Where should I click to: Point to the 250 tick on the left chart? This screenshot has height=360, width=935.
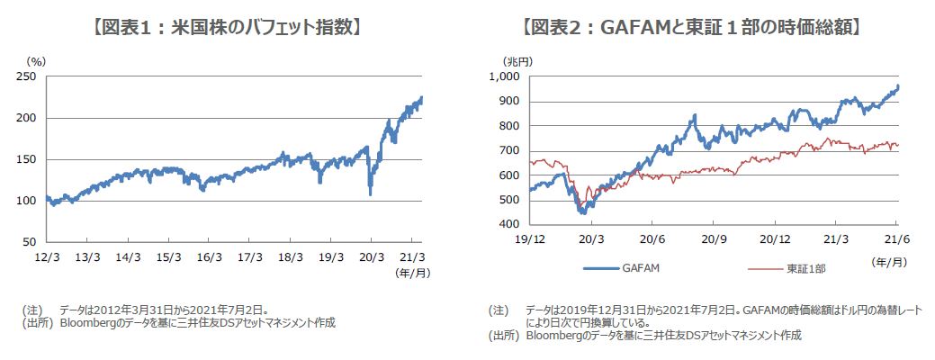coord(29,77)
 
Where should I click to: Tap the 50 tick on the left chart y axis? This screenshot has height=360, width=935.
coord(31,242)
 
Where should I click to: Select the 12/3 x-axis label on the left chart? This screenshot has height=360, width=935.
coord(47,256)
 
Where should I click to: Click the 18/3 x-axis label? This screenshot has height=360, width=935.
coord(290,256)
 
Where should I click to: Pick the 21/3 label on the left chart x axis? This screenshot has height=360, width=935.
coord(411,256)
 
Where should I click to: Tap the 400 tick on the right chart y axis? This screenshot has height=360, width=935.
coord(510,224)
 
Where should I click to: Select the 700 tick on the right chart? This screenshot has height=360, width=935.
coord(510,150)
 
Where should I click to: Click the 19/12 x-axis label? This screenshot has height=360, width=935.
coord(530,241)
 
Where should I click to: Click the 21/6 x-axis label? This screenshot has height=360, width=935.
coord(896,241)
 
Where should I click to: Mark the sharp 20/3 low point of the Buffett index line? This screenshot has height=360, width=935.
coord(370,193)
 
